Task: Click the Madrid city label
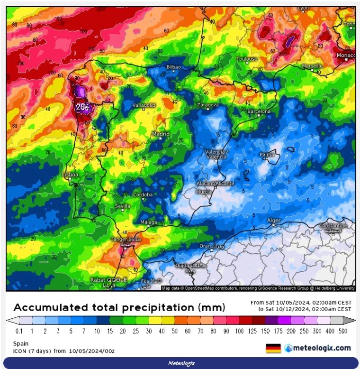click(x=161, y=134)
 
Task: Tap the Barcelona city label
click(x=259, y=111)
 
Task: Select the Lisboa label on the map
click(x=70, y=175)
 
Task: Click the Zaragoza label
click(x=208, y=105)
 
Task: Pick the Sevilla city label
click(x=123, y=206)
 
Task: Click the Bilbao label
click(x=173, y=67)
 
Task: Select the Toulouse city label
click(x=247, y=59)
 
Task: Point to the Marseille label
click(x=312, y=66)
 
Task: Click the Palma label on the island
click(x=267, y=155)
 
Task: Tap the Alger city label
click(x=274, y=221)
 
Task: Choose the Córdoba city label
click(x=143, y=194)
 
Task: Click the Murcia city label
click(x=204, y=192)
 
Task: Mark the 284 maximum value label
click(x=82, y=107)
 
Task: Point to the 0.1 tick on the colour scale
click(x=19, y=331)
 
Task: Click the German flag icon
click(x=273, y=348)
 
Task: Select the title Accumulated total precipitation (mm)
click(x=119, y=307)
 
